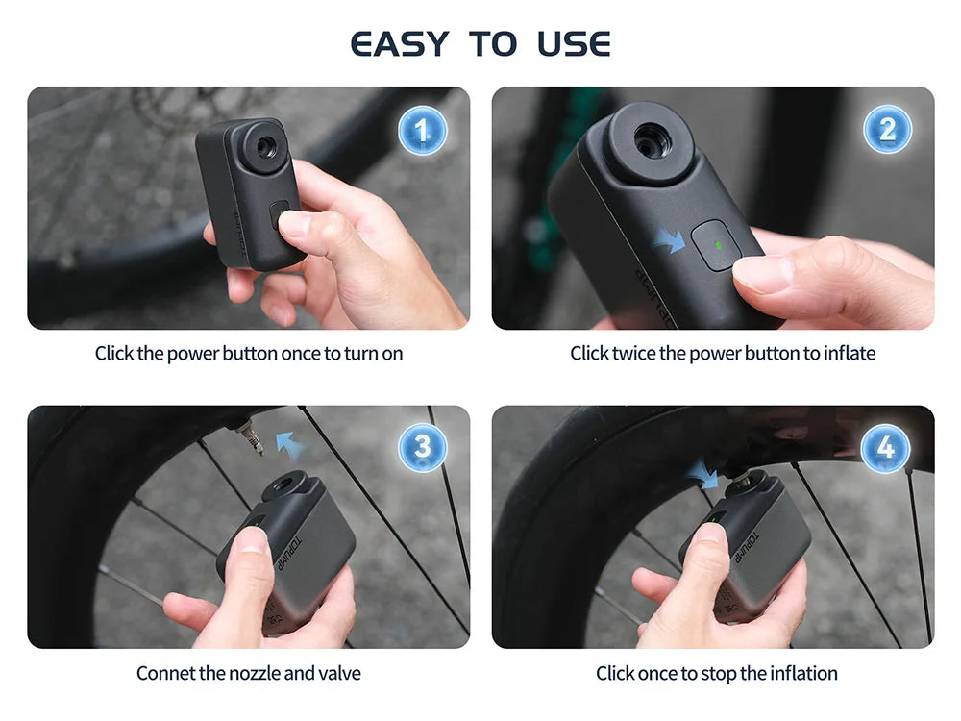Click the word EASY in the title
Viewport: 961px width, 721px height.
click(400, 44)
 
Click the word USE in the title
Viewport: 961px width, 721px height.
click(574, 44)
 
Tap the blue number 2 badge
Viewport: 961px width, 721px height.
click(886, 129)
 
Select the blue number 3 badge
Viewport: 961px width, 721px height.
click(422, 447)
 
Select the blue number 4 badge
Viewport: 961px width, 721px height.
click(886, 447)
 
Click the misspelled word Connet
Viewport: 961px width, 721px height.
click(165, 673)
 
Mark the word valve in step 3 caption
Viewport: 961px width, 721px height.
click(338, 673)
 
